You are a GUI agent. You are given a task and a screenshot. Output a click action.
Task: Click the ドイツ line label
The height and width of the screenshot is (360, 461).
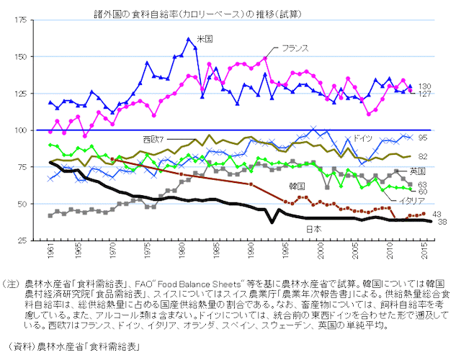[x=362, y=138]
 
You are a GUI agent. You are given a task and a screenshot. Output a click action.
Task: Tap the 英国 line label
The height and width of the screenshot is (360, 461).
[x=417, y=171]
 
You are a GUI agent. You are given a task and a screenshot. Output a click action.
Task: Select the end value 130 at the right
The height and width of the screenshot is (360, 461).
[x=425, y=86]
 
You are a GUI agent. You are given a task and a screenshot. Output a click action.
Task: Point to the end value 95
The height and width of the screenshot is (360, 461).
[x=423, y=138]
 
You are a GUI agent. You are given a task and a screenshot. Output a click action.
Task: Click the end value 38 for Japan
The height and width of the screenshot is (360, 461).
[x=442, y=222]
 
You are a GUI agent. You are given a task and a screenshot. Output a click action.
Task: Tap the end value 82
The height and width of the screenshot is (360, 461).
[x=423, y=156]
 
